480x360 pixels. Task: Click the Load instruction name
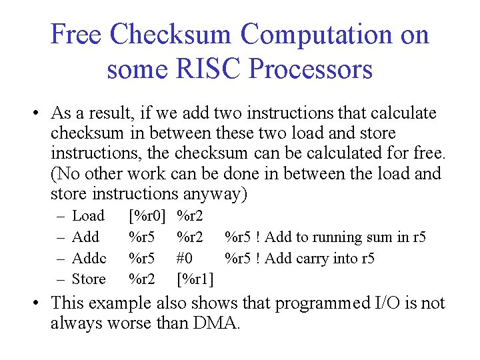88,216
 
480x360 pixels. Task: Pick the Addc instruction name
89,258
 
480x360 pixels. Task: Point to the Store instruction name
89,279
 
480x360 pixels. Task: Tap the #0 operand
185,258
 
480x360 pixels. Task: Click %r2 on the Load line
190,216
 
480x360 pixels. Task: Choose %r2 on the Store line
141,279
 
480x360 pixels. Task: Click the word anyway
213,195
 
